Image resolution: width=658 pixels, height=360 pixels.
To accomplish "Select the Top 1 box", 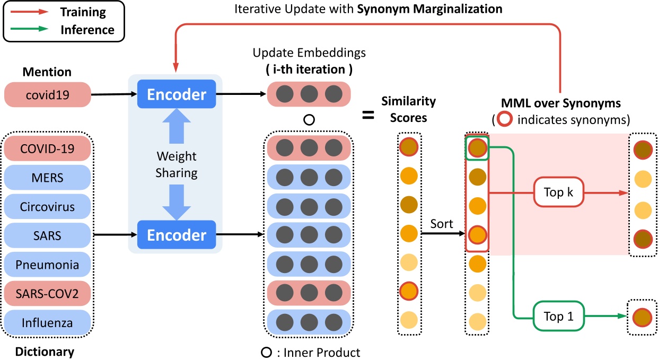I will (x=558, y=317).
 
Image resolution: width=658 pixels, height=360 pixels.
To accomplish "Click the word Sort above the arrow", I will (x=442, y=224).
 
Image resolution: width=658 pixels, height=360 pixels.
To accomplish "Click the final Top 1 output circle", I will (x=642, y=317).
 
